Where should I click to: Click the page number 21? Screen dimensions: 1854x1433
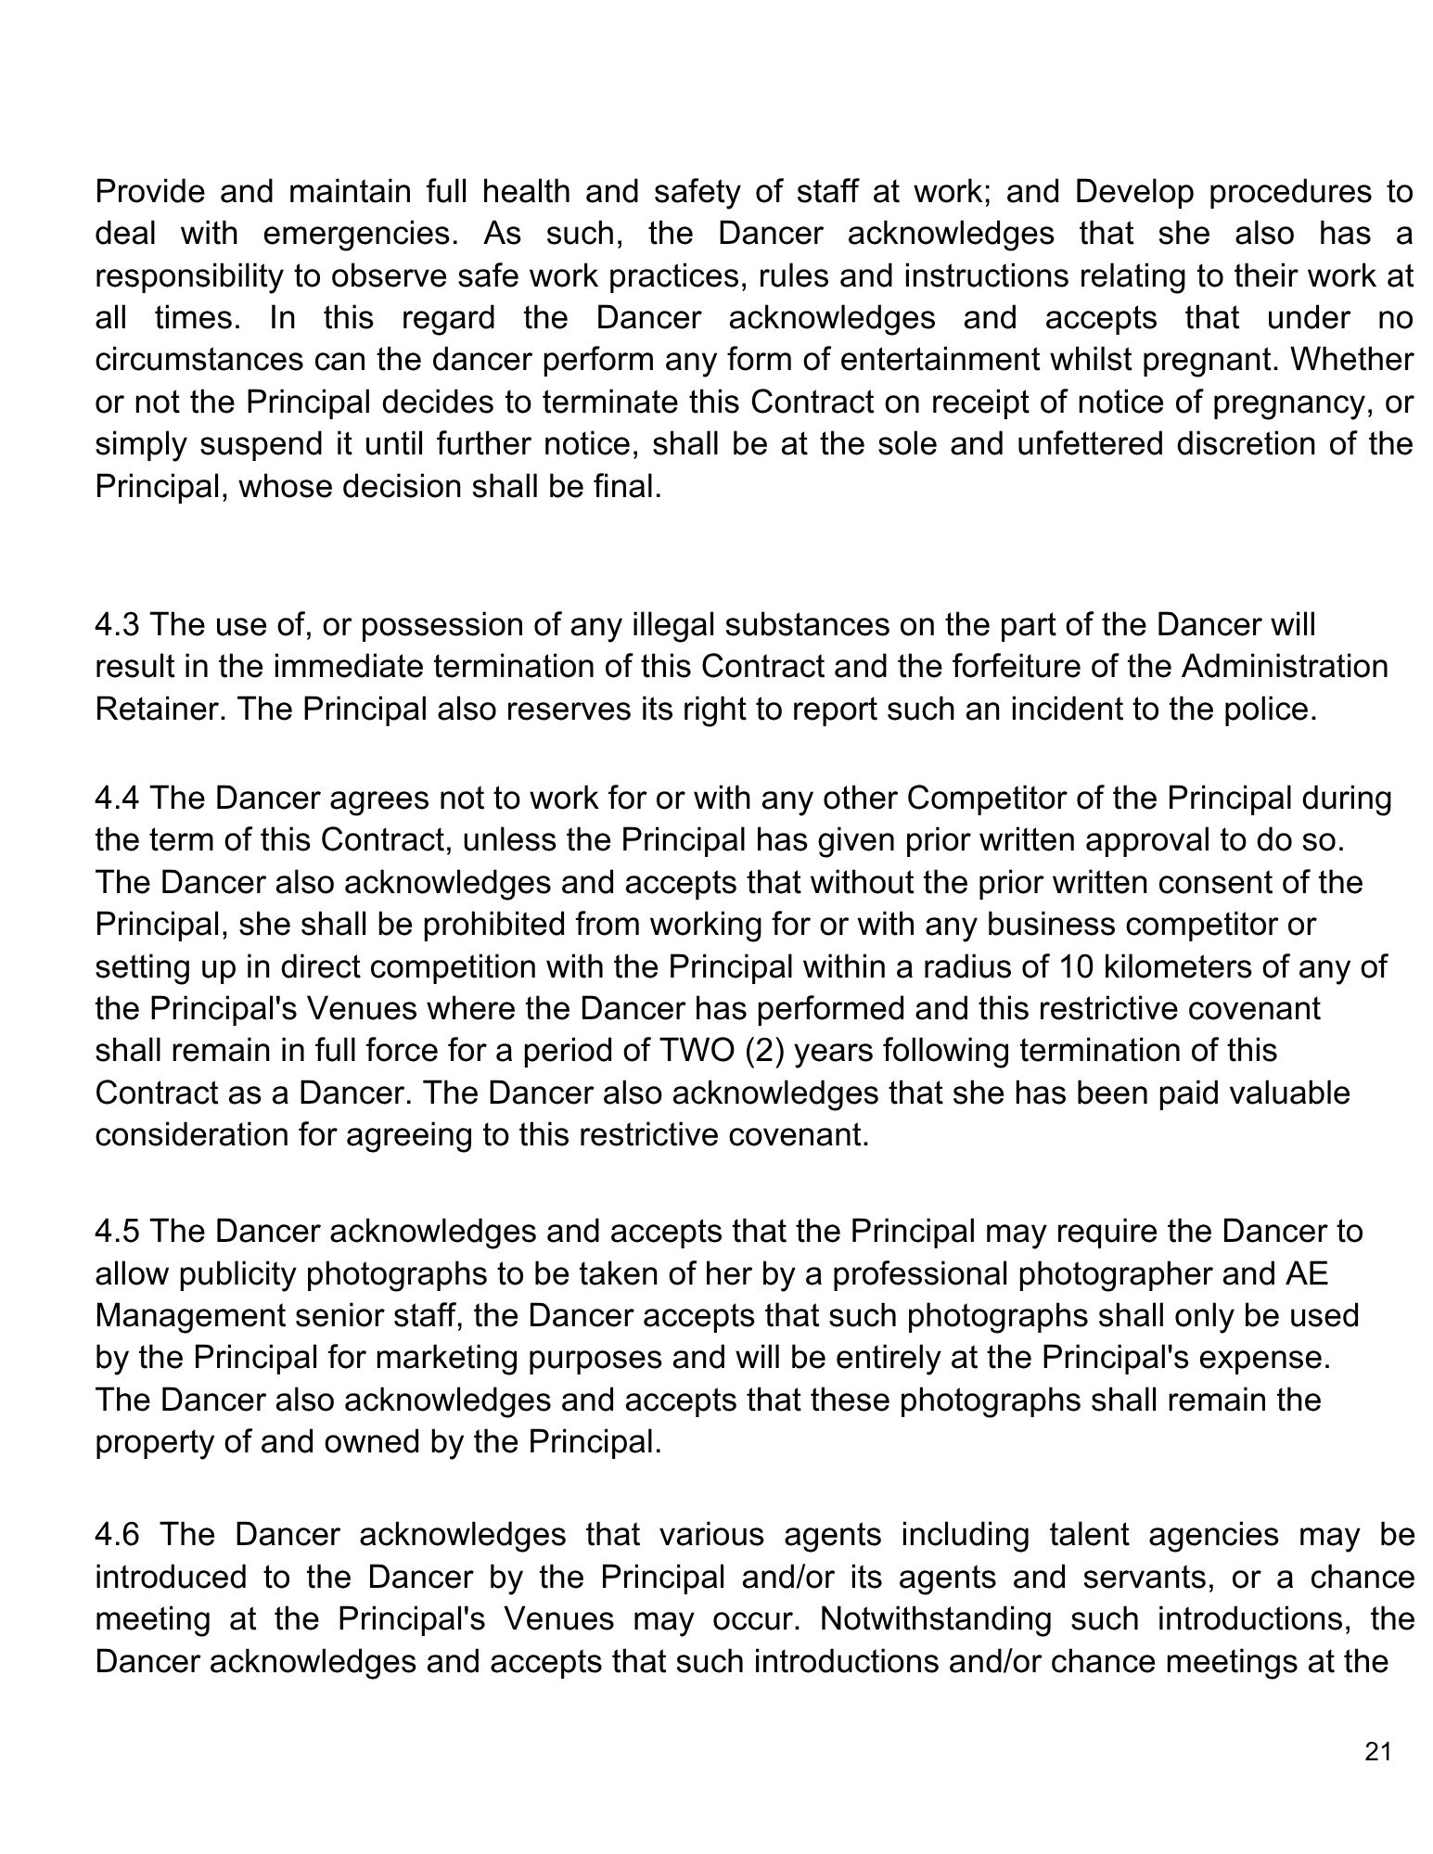click(x=1378, y=1752)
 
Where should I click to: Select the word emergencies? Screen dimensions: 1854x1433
click(x=362, y=234)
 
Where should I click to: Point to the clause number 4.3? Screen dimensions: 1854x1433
click(x=117, y=625)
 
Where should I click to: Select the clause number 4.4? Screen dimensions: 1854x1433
click(x=117, y=799)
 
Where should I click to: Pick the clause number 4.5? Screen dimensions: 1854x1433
click(x=117, y=1232)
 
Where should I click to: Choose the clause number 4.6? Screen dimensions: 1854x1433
click(x=117, y=1535)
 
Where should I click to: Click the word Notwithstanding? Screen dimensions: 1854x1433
click(x=937, y=1619)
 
